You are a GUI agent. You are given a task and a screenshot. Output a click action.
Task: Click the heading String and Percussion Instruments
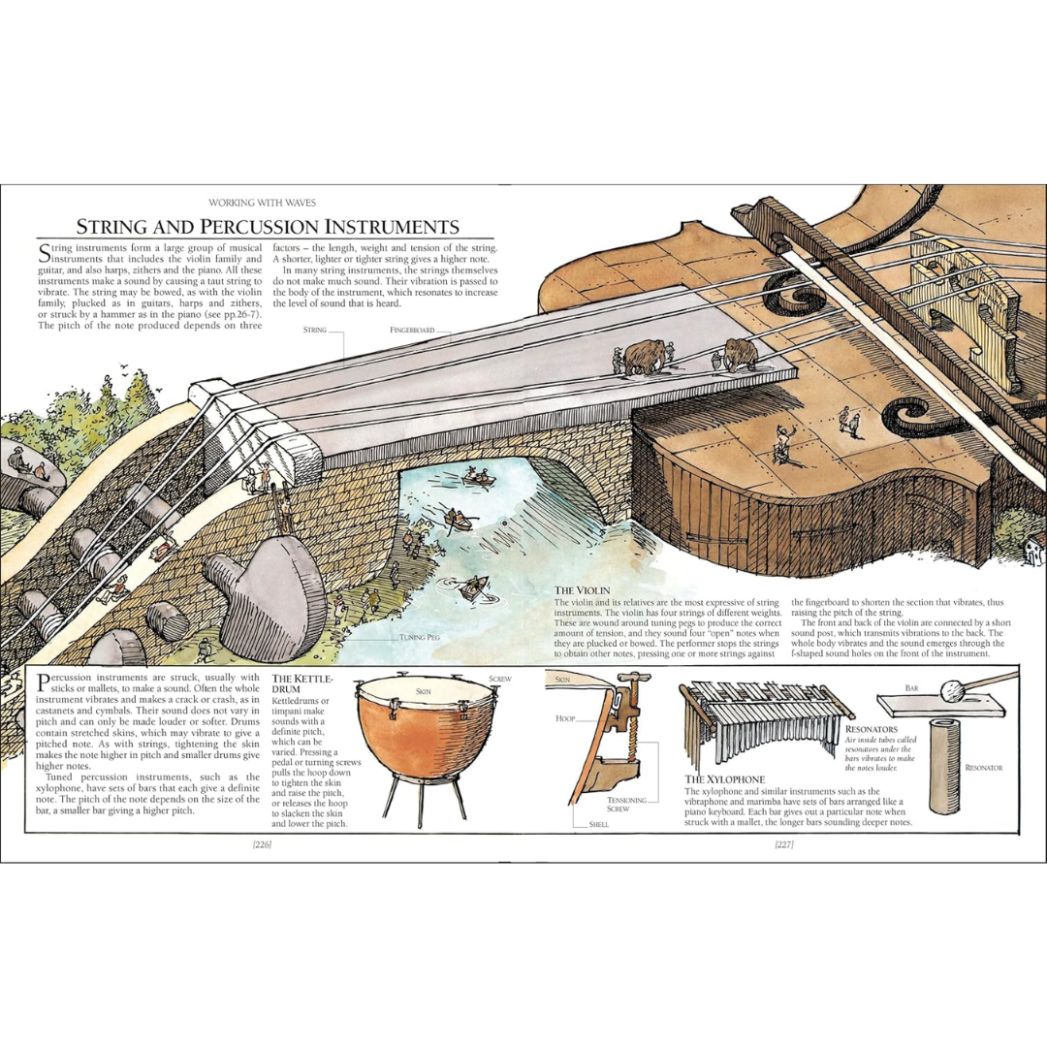click(x=268, y=227)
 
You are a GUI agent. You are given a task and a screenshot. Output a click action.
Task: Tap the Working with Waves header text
click(x=262, y=203)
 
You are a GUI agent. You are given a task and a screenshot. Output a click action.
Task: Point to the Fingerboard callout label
click(x=412, y=331)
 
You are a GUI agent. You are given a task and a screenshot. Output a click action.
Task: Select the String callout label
click(x=315, y=331)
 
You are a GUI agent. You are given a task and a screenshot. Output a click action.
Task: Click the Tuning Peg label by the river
click(x=421, y=638)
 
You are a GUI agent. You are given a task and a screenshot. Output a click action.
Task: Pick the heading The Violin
click(x=582, y=589)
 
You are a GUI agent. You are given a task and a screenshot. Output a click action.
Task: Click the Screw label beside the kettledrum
click(x=500, y=679)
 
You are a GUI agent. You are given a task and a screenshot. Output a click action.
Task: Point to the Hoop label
click(x=565, y=719)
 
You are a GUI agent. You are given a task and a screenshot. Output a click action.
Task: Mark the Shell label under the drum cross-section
click(x=598, y=824)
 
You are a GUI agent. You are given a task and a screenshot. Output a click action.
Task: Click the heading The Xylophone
click(x=725, y=778)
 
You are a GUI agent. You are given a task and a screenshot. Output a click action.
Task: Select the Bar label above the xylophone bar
click(x=911, y=686)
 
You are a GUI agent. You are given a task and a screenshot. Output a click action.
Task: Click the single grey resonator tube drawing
click(x=944, y=766)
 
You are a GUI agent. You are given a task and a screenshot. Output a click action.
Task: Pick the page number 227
click(x=784, y=845)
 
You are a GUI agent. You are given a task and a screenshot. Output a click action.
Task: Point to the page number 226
click(x=262, y=845)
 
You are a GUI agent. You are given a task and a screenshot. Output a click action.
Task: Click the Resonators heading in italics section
click(x=872, y=728)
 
